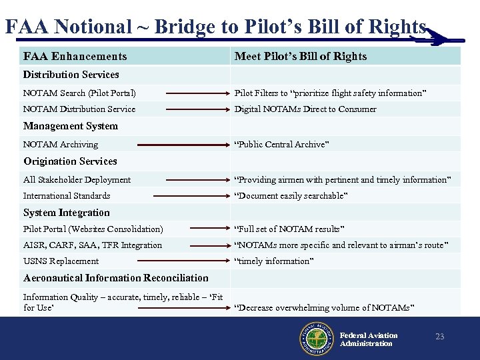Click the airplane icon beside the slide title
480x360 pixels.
click(433, 37)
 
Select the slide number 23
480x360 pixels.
click(439, 337)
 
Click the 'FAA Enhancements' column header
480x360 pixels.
click(75, 56)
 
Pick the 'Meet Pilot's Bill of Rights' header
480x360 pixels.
click(300, 56)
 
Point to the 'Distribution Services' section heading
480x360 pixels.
click(71, 75)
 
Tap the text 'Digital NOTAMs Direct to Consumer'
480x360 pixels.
click(305, 109)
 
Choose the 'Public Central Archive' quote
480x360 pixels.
click(281, 145)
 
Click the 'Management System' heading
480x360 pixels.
click(70, 126)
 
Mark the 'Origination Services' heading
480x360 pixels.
click(70, 161)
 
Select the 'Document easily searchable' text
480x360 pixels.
click(291, 196)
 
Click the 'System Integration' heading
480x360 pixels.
click(66, 213)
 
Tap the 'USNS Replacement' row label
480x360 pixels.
click(61, 261)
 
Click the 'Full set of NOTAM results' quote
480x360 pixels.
click(289, 229)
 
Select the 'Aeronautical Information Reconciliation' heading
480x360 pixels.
click(115, 278)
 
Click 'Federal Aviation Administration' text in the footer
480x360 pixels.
click(369, 339)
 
